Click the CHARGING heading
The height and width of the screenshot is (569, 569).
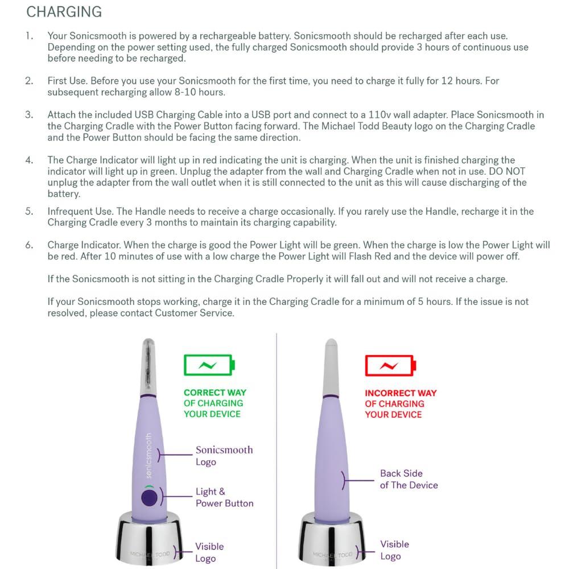coord(64,12)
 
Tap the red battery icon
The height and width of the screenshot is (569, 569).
coord(390,365)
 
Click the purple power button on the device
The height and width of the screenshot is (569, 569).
coord(149,498)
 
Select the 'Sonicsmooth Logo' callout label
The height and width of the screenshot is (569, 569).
coord(224,456)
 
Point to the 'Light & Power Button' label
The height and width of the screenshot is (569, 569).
coord(224,497)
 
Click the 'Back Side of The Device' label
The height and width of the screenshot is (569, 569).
coord(409,479)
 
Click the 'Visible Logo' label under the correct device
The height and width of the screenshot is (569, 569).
coord(209,552)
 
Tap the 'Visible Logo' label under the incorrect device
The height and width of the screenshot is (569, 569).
coord(394,550)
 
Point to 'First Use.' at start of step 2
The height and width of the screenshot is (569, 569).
coord(68,81)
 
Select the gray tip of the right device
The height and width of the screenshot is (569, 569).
coord(331,367)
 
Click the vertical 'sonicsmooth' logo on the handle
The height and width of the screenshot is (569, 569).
coord(149,455)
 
